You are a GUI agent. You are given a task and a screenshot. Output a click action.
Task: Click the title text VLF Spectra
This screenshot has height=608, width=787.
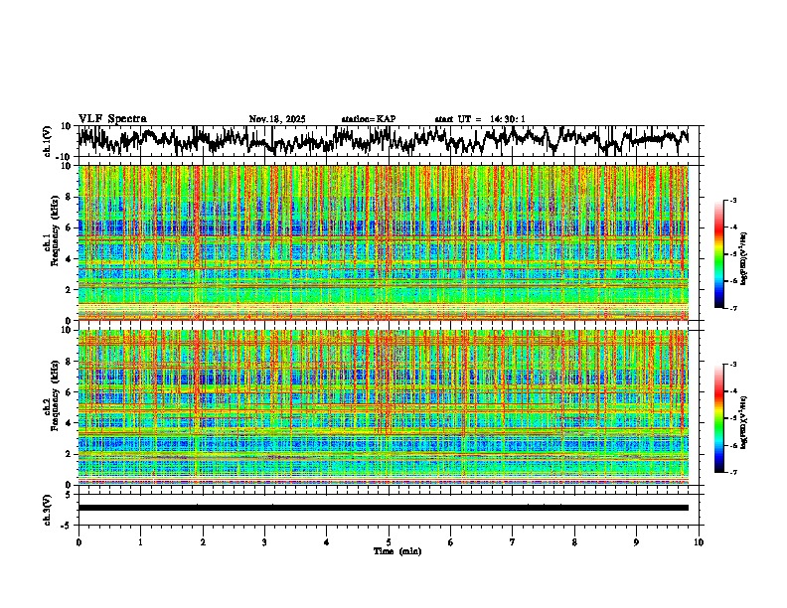tap(112, 118)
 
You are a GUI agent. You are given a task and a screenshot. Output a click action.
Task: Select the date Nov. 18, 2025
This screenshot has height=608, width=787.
tap(277, 119)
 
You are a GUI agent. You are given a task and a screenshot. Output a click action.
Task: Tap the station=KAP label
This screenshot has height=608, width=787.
tap(369, 119)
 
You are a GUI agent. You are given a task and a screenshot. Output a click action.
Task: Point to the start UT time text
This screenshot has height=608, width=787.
tap(480, 119)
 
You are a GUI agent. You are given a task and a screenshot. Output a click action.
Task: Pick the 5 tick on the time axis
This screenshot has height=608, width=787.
tap(389, 542)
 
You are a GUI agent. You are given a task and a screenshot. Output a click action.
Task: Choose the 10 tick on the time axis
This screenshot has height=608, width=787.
tap(699, 542)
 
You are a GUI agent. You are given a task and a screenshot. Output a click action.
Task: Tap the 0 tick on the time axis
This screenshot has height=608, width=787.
tap(79, 542)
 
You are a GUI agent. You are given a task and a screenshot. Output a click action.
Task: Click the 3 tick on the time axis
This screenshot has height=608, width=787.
tap(264, 542)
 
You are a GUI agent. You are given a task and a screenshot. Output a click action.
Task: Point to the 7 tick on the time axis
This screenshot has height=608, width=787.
tap(513, 542)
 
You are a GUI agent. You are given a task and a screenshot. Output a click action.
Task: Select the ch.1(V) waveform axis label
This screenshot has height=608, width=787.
tap(48, 141)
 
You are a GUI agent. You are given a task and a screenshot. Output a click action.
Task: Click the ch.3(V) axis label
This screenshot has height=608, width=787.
tap(48, 508)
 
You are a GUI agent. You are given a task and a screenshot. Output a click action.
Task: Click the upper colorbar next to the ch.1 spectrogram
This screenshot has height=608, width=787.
tap(720, 254)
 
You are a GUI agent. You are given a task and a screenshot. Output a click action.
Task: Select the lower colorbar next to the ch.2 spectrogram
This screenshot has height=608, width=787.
tap(720, 418)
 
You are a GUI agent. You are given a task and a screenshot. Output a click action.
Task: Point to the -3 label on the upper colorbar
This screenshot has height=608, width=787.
tap(732, 201)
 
